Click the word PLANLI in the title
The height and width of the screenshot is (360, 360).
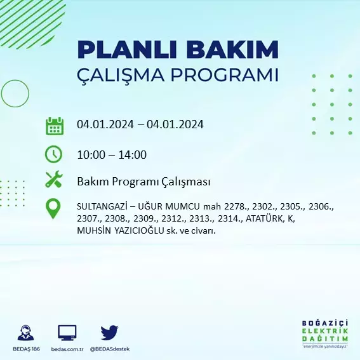tap(127, 50)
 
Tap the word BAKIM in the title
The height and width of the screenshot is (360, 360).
tap(232, 50)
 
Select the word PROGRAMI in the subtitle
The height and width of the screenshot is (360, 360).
tap(224, 75)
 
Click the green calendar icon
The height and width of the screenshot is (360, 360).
tap(55, 126)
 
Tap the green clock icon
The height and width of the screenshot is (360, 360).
tap(53, 154)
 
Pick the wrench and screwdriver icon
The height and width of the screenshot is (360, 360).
tap(54, 179)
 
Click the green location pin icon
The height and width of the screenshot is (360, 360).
tap(53, 208)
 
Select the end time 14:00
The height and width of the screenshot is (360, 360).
tap(132, 155)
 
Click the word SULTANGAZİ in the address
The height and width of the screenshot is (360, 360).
tap(102, 206)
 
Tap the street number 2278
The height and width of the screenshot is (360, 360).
tap(236, 206)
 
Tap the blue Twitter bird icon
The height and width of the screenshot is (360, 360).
tap(109, 333)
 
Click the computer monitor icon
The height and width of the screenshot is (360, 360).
tap(67, 333)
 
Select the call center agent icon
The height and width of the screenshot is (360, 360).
tap(25, 333)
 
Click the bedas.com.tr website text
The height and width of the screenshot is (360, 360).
tap(67, 349)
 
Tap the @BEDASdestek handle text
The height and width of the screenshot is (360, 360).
tap(110, 349)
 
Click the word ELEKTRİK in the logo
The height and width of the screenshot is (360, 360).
tap(325, 331)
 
